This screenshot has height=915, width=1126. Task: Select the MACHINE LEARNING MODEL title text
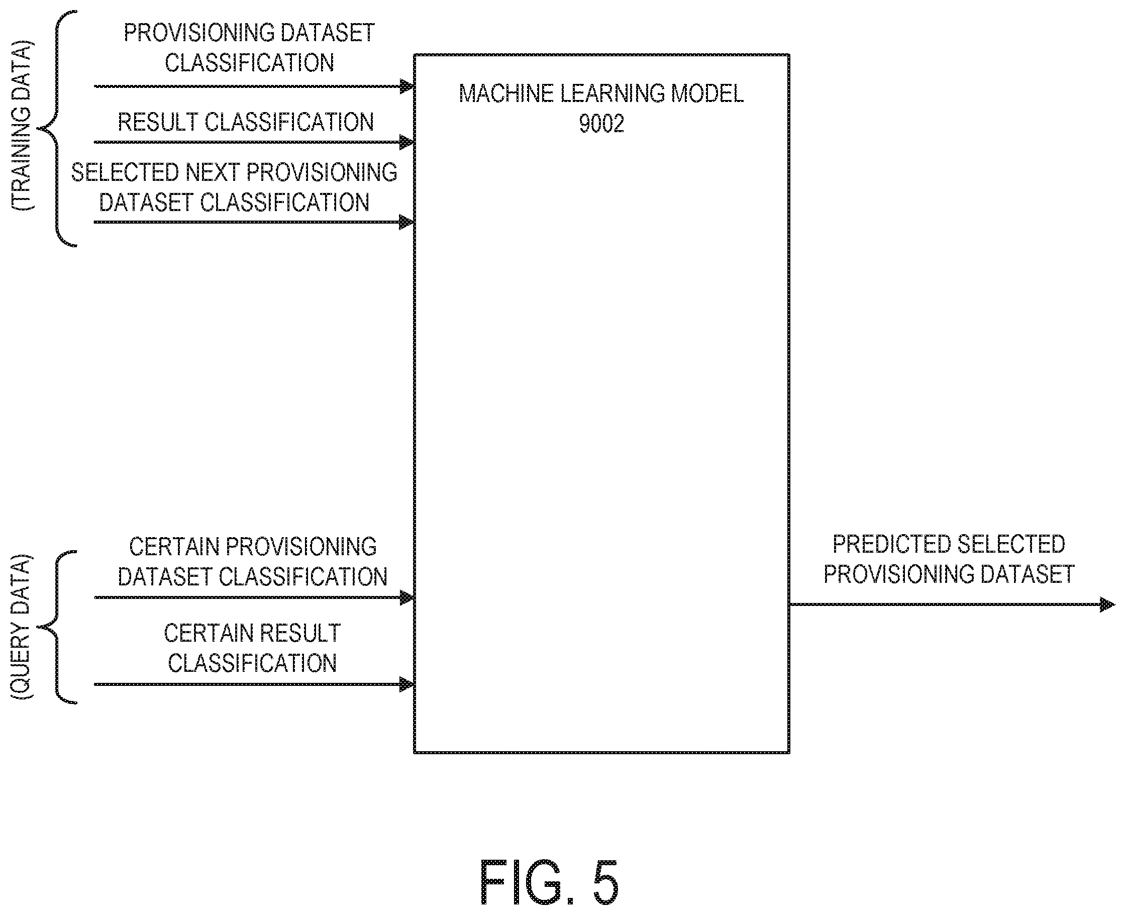(601, 94)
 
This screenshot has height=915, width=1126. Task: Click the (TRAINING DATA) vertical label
(22, 126)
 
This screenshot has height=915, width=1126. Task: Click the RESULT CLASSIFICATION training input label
(246, 122)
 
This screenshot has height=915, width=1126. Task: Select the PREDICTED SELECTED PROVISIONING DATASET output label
(949, 559)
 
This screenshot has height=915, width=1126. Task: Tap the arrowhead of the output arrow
(1107, 604)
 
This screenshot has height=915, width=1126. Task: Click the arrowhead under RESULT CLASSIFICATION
(407, 142)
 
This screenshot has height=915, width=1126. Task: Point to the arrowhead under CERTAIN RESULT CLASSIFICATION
(407, 685)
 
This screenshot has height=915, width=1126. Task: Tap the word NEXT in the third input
(213, 172)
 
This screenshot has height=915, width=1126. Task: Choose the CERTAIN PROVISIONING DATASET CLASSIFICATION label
(252, 562)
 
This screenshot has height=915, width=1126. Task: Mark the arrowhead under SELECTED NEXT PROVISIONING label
(407, 223)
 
